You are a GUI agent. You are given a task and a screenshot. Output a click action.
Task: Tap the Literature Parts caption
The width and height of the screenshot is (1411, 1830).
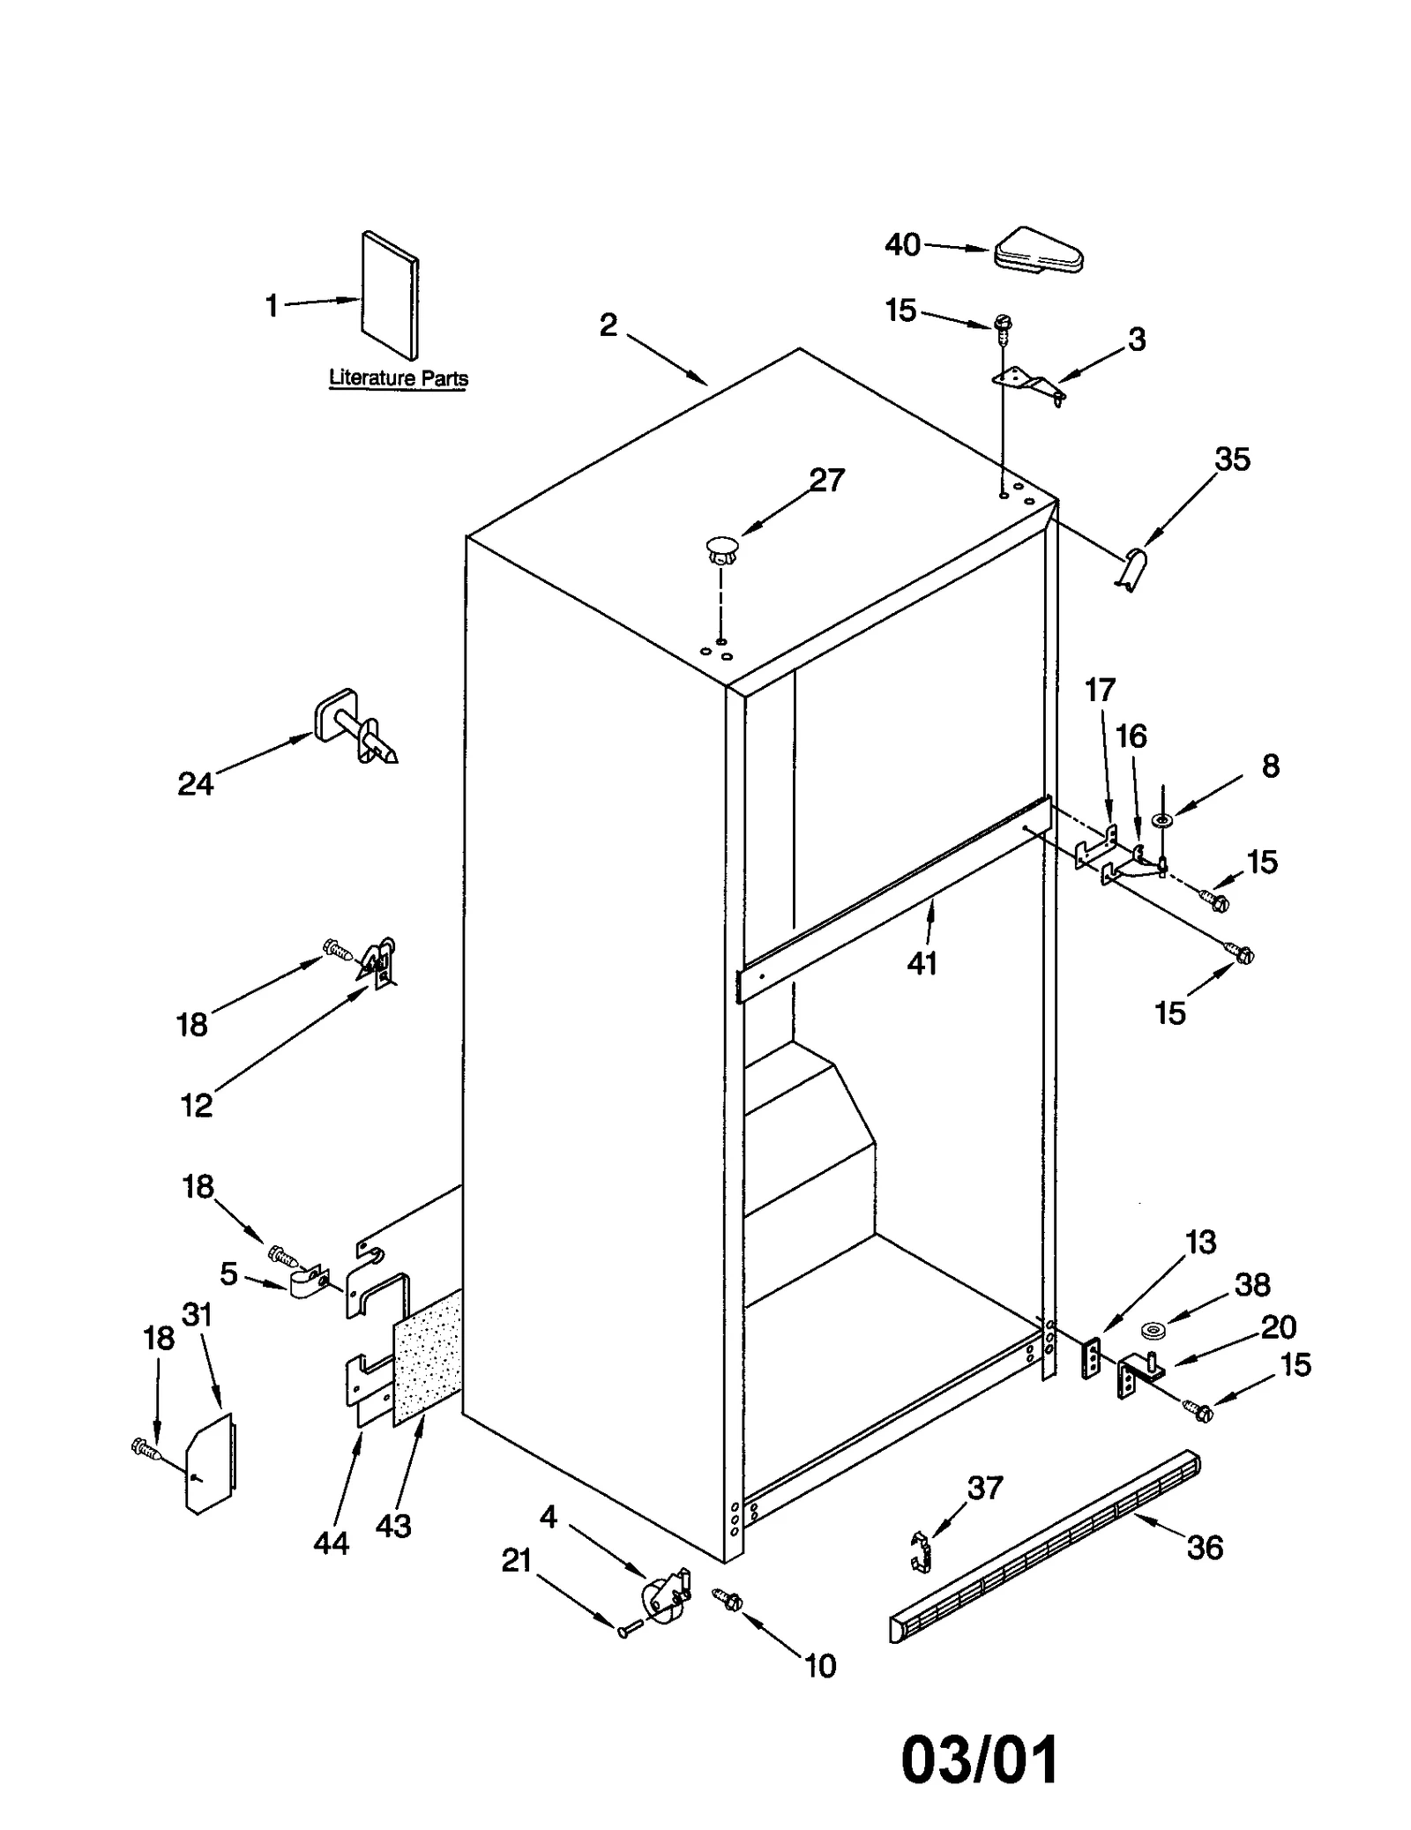(x=398, y=378)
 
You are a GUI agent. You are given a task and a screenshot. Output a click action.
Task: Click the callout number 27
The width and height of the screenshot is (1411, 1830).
(x=826, y=480)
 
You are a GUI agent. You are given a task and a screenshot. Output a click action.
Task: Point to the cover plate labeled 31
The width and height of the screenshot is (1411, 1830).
(x=210, y=1463)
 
